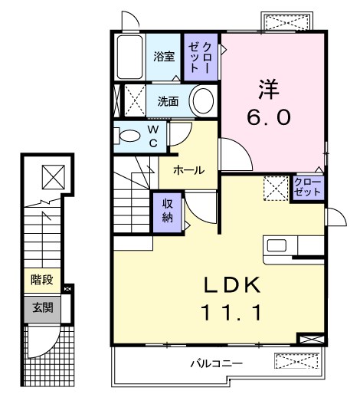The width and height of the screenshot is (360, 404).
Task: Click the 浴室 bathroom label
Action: [x=164, y=57]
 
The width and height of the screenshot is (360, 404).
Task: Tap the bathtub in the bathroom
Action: [x=129, y=57]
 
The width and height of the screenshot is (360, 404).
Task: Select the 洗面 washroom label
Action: [x=168, y=101]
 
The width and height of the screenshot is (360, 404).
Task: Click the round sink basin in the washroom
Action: [x=203, y=100]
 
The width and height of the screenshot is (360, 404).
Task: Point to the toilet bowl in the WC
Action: [x=130, y=136]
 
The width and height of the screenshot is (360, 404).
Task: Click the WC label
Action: [x=153, y=136]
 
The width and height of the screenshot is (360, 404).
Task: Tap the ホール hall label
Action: [x=188, y=170]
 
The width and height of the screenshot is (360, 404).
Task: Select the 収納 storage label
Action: [x=168, y=211]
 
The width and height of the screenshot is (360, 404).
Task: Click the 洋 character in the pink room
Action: [x=269, y=89]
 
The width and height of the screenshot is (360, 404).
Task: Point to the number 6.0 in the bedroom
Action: [x=269, y=117]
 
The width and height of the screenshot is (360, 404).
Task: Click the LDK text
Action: [x=232, y=285]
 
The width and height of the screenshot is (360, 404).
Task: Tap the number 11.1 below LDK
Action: [x=232, y=313]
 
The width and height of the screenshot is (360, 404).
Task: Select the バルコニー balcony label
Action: [x=216, y=364]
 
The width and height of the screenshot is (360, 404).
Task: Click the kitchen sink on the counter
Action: [x=277, y=245]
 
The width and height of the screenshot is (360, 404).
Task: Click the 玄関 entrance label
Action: [x=42, y=307]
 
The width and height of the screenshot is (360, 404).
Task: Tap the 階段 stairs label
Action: [x=42, y=280]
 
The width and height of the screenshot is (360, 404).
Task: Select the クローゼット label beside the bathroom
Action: [x=200, y=57]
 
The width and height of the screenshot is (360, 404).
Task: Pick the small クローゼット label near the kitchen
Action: [x=308, y=187]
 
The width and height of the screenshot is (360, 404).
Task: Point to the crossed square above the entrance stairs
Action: [x=54, y=177]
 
